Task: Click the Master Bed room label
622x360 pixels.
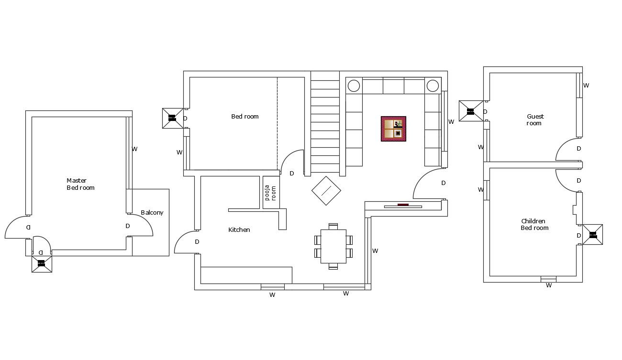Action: click(x=80, y=184)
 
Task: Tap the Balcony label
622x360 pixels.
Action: click(x=152, y=213)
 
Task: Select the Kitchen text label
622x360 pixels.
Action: click(x=239, y=230)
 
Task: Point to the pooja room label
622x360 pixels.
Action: click(x=271, y=192)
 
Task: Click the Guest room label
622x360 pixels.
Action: click(x=535, y=120)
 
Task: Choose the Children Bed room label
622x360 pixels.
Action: click(x=534, y=225)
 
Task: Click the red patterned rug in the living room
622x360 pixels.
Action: click(x=393, y=129)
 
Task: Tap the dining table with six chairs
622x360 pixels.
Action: click(x=333, y=246)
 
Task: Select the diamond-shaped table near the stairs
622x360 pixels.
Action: click(x=326, y=191)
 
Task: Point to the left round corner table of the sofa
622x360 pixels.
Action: click(x=354, y=86)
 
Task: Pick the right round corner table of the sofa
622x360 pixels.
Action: click(x=433, y=86)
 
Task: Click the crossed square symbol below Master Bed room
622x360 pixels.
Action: click(x=42, y=263)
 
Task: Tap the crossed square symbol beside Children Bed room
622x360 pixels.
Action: click(x=593, y=235)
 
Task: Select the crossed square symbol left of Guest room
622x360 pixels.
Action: click(x=470, y=111)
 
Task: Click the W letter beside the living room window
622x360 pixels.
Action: click(x=451, y=122)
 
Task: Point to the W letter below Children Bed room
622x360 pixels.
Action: click(x=549, y=285)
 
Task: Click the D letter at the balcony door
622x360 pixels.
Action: click(x=128, y=226)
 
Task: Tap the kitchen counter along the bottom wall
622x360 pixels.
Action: click(x=246, y=275)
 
